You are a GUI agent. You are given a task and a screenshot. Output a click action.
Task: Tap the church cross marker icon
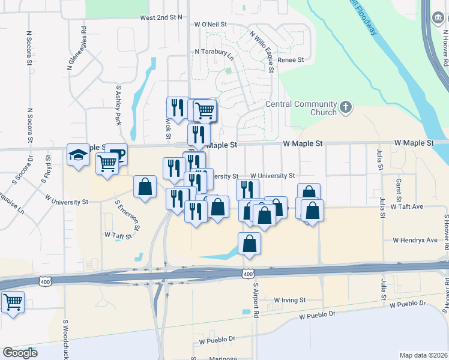[345, 107]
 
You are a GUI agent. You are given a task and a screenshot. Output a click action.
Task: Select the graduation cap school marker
[78, 155]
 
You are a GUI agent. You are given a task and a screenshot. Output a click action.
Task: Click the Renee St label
[291, 60]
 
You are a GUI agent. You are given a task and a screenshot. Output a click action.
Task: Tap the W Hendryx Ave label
[415, 240]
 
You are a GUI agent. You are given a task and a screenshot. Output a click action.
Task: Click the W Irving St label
[290, 299]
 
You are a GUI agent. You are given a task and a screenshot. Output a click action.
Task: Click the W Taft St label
[118, 236]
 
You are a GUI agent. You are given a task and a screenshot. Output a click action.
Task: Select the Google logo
[20, 353]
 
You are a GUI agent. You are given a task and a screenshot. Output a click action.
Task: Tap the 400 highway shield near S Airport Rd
[249, 274]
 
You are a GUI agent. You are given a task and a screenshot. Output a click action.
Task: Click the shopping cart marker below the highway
[13, 302]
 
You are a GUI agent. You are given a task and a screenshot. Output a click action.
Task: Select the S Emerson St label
[127, 216]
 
